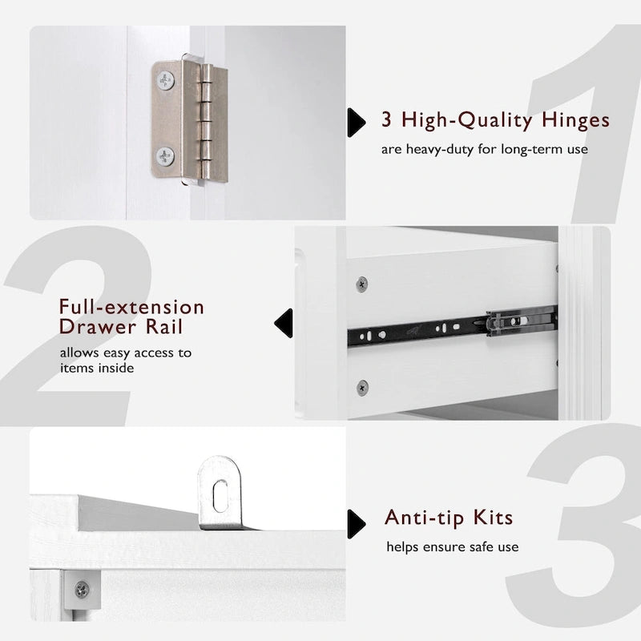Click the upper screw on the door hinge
click(x=166, y=81)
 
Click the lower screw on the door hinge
click(x=165, y=156)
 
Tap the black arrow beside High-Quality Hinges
click(x=356, y=123)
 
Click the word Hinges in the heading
click(x=575, y=121)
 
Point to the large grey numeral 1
click(x=585, y=123)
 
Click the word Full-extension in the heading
click(x=131, y=307)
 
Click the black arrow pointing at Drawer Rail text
click(x=284, y=323)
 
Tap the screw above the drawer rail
click(x=362, y=284)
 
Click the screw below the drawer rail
click(x=362, y=388)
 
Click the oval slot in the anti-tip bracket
click(x=220, y=496)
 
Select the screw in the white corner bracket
click(x=82, y=590)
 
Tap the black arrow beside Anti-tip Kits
click(x=356, y=524)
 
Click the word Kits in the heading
click(x=493, y=518)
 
